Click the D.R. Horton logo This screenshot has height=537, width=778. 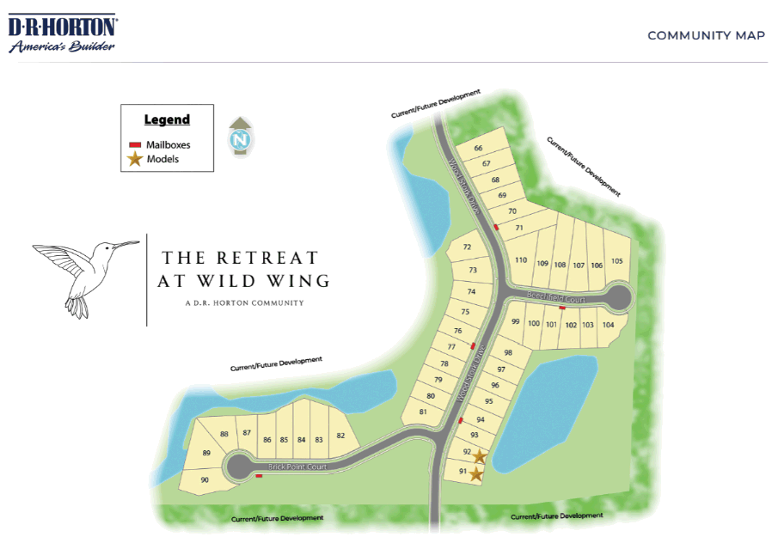[x=63, y=33]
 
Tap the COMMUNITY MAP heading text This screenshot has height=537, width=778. [x=706, y=35]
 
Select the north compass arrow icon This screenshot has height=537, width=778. [x=240, y=137]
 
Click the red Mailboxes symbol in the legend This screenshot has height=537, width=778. [x=135, y=144]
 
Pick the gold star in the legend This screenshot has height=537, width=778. [x=135, y=159]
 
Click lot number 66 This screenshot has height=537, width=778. [x=478, y=149]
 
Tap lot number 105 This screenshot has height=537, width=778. [x=616, y=261]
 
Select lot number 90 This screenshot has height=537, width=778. [x=205, y=480]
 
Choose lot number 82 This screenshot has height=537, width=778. [x=340, y=436]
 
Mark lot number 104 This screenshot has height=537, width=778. [x=608, y=325]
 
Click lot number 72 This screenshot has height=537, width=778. [x=467, y=247]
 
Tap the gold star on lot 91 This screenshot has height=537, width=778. [x=476, y=473]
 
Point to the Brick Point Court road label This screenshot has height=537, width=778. [x=297, y=467]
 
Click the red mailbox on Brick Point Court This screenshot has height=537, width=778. [x=259, y=479]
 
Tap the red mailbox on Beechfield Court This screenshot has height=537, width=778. [x=561, y=308]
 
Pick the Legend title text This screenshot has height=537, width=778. [x=167, y=119]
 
